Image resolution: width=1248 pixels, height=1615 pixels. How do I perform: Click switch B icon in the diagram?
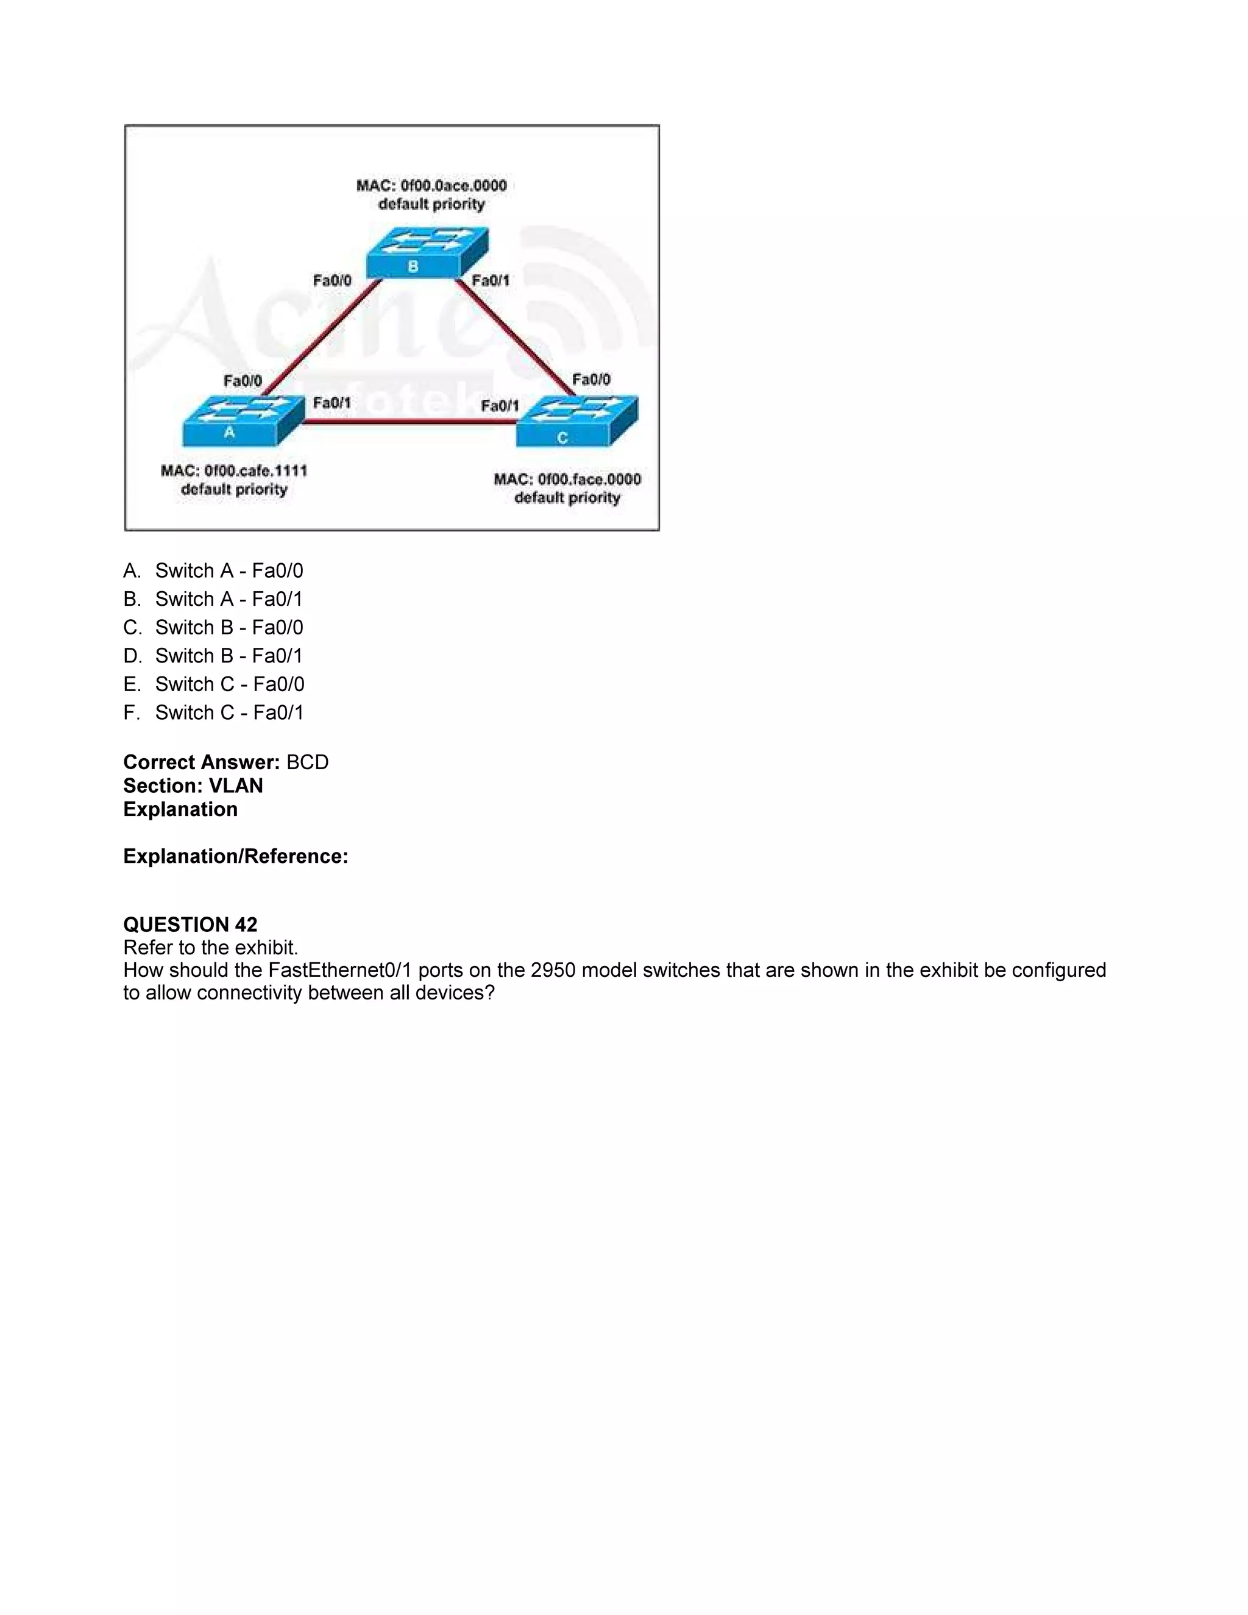[x=427, y=254]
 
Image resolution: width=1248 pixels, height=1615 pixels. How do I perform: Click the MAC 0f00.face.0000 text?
[x=567, y=479]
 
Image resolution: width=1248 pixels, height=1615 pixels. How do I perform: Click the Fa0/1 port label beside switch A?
[x=331, y=403]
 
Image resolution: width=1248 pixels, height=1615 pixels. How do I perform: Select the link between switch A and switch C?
[x=410, y=422]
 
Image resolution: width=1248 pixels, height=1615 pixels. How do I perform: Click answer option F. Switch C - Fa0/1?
[x=214, y=713]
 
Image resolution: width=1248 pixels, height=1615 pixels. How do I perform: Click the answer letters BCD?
[x=308, y=762]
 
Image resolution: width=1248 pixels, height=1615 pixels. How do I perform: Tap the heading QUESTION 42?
[x=190, y=925]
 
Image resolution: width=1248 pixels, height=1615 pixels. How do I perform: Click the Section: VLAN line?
[x=193, y=786]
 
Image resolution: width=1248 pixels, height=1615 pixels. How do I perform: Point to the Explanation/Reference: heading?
[x=235, y=856]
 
